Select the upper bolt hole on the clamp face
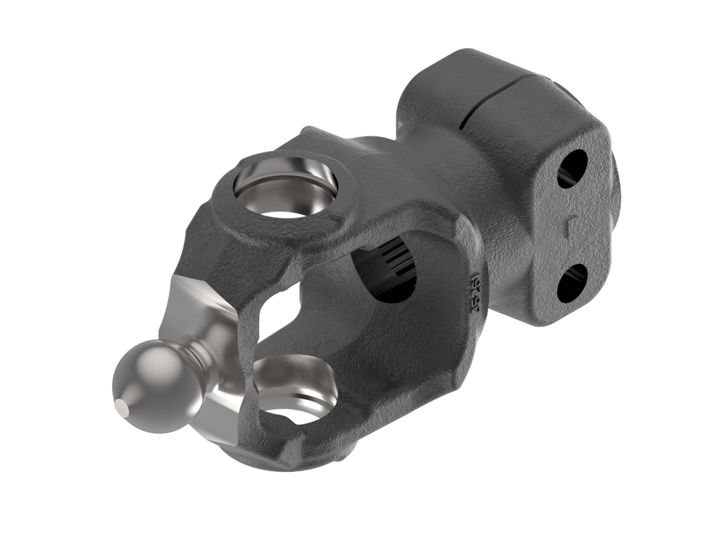pos(572,168)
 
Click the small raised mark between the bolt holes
pos(569,226)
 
